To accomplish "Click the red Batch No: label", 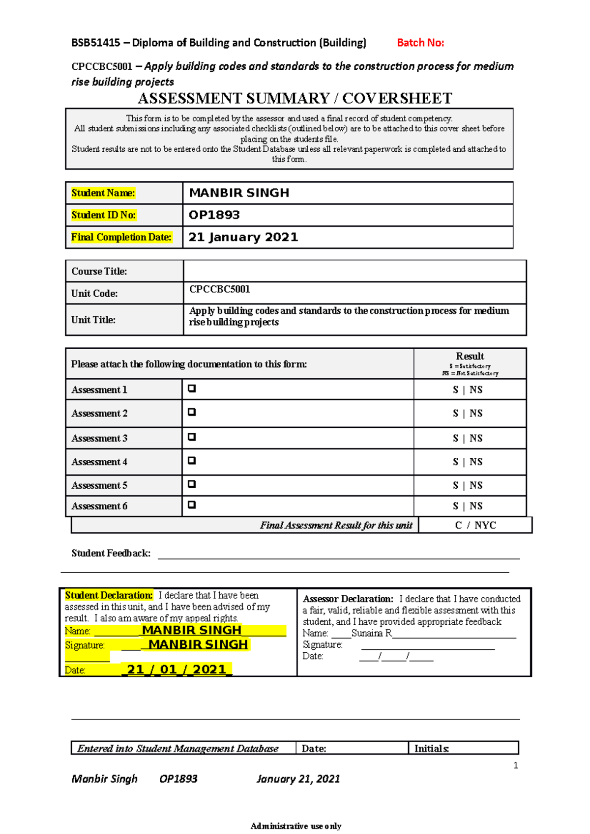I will tap(420, 43).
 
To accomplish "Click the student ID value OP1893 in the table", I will tap(214, 215).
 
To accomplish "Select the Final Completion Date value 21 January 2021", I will tap(243, 237).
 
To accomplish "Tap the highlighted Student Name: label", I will tap(103, 193).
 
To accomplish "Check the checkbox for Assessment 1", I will tap(192, 389).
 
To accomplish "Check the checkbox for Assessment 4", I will tap(192, 461).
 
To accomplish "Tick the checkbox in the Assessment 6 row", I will tap(192, 505).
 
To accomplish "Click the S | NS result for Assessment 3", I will tap(467, 438).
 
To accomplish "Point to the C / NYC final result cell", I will tap(475, 525).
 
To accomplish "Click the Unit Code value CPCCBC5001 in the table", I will tap(220, 289).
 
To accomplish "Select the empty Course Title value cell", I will tap(354, 271).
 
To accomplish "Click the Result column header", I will tap(470, 357).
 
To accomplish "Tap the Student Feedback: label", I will tap(111, 554).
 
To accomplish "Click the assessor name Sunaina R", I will tap(371, 633).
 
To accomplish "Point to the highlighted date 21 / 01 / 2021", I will tap(177, 669).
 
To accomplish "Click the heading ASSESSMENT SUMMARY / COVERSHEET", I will tap(295, 98).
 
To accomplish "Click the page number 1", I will tap(515, 765).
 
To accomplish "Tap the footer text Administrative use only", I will tap(295, 826).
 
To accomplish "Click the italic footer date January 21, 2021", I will tap(298, 778).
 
